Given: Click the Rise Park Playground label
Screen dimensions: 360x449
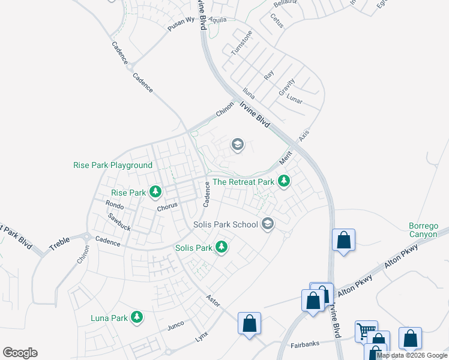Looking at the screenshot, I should pos(113,165).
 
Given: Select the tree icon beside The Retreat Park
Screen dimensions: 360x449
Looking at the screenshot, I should pos(283,181).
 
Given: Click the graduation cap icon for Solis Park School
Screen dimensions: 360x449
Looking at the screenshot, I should pos(268,224).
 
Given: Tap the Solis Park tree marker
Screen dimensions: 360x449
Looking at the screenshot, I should pos(221,247).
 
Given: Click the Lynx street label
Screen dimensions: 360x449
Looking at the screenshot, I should pos(201,337).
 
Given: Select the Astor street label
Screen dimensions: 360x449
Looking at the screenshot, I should pos(212,298).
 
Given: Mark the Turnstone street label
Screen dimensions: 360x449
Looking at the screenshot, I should pos(239,43).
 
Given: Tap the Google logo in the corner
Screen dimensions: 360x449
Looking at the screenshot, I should pos(20,353).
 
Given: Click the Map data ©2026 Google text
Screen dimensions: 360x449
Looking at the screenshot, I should pos(412,355).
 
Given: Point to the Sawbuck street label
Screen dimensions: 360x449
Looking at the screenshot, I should pos(119,223).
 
